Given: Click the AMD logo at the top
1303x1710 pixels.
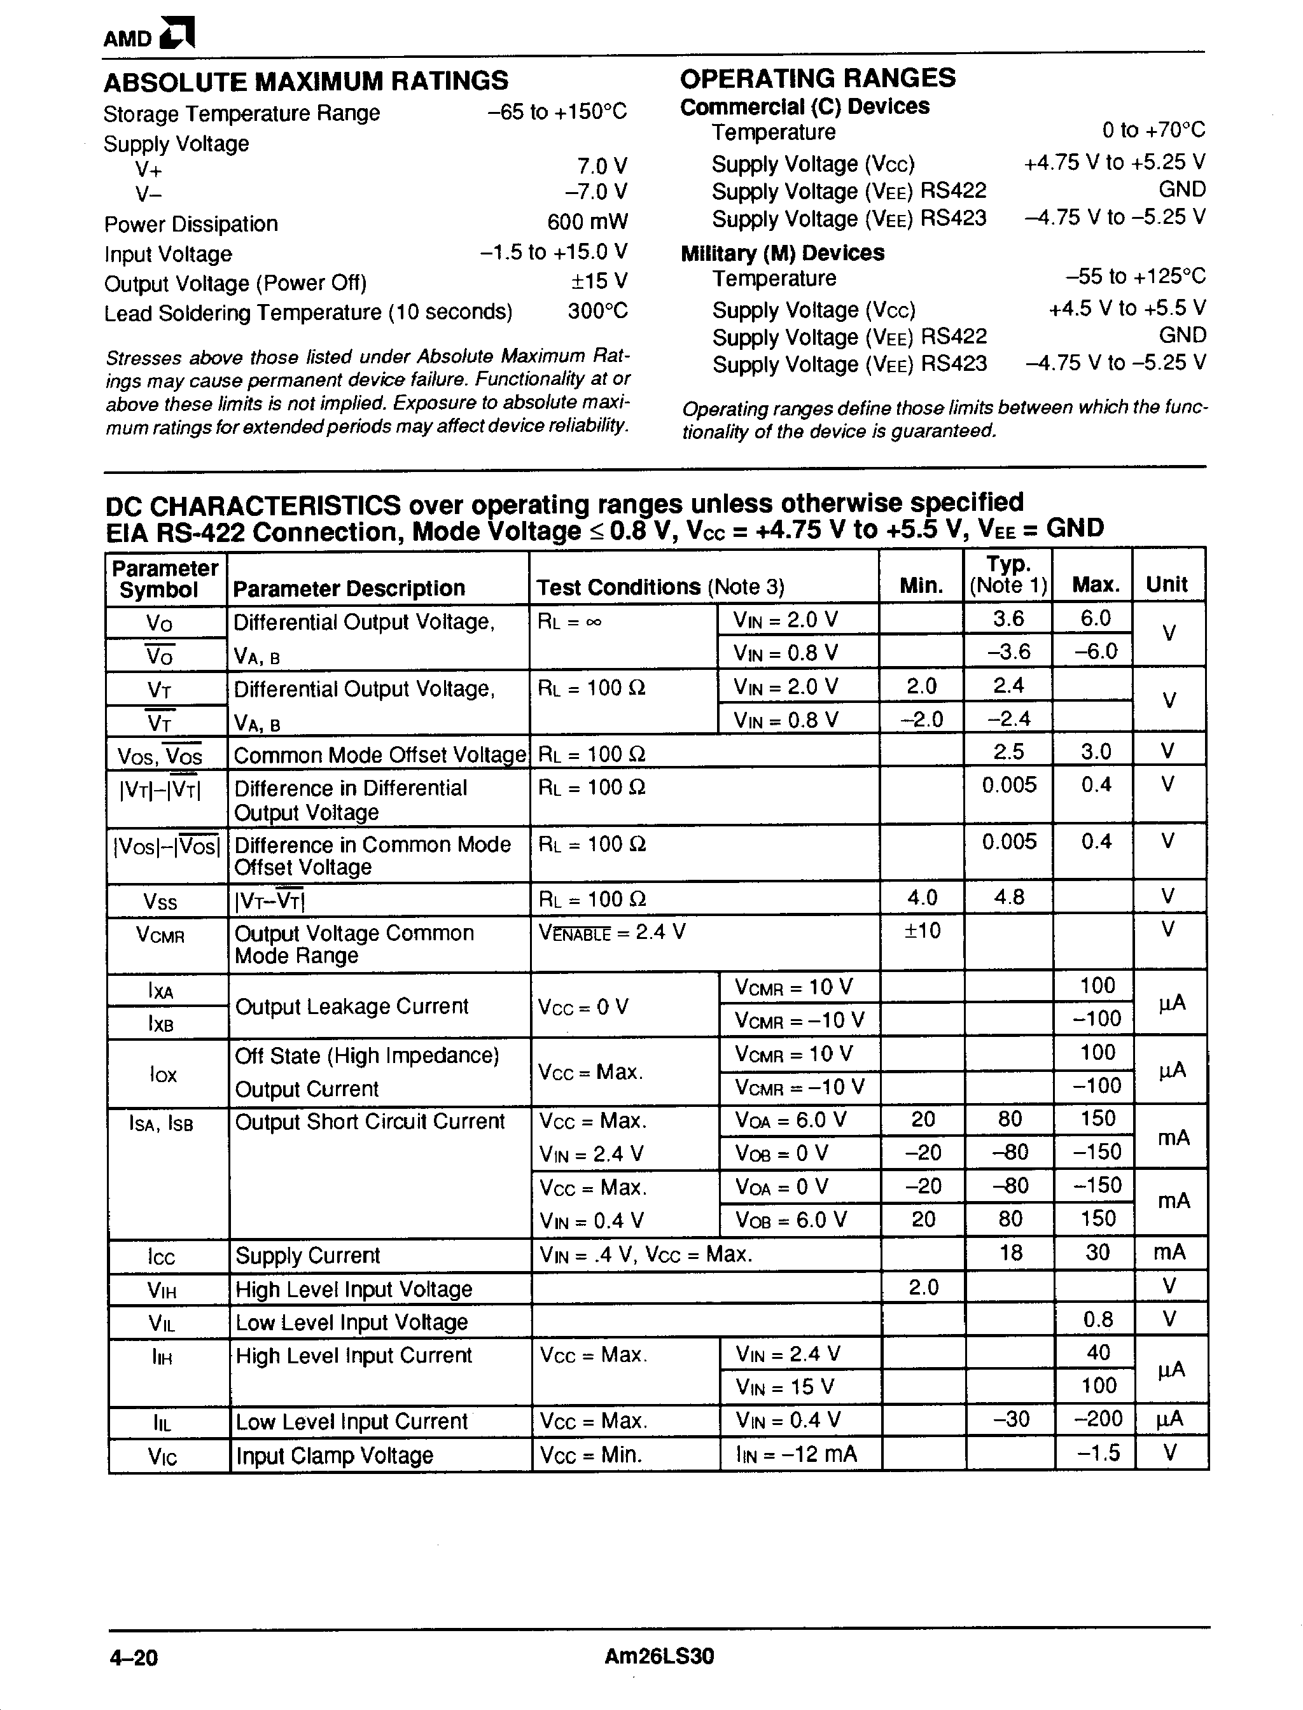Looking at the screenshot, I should tap(149, 35).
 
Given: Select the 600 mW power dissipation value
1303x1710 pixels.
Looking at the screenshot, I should tap(587, 223).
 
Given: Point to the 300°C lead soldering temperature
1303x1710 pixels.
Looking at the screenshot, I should tap(597, 312).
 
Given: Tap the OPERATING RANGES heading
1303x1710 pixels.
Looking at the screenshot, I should tap(818, 78).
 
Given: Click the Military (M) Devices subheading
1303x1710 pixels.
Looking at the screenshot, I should tap(782, 254).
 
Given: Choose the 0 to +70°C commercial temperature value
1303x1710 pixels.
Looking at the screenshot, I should tap(1153, 130).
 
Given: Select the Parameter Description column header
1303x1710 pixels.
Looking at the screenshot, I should tap(349, 588).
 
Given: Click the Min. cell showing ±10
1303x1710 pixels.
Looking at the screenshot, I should tap(922, 931).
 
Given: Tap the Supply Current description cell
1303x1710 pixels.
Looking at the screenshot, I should tap(308, 1256).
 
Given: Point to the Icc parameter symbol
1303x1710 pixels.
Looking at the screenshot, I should tap(162, 1257).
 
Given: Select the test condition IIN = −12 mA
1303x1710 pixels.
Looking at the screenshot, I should tap(797, 1454).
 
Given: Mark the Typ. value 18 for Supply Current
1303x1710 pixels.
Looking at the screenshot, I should tap(1010, 1253).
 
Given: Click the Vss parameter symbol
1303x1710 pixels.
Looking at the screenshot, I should tap(160, 902).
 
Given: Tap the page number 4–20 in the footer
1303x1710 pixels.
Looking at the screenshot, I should tap(134, 1658).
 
